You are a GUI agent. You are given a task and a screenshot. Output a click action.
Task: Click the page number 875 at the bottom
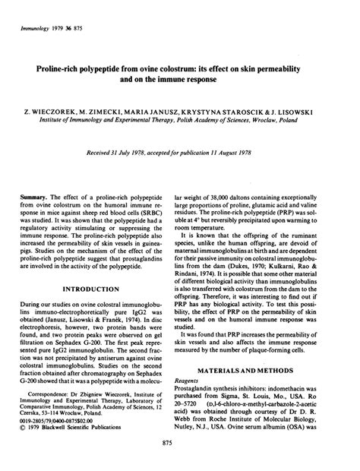tap(179, 442)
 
